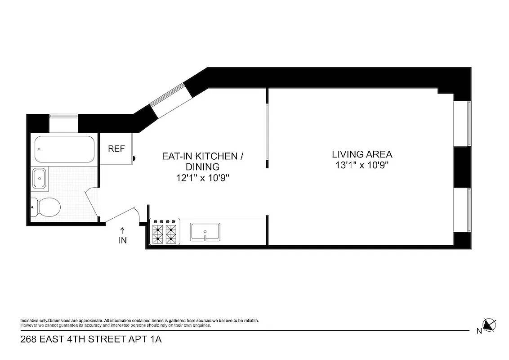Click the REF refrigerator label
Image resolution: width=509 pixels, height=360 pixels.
click(116, 149)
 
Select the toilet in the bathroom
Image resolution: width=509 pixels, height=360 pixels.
click(47, 207)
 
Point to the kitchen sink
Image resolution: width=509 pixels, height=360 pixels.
click(205, 232)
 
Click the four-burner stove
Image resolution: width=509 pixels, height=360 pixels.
click(165, 232)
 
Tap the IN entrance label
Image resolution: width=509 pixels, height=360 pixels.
click(123, 241)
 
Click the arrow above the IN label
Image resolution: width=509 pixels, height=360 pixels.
click(123, 230)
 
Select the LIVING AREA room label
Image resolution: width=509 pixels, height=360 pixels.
click(362, 154)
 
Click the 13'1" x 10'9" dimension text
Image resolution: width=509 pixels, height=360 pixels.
click(362, 165)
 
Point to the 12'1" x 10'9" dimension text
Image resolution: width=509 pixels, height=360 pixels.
click(202, 178)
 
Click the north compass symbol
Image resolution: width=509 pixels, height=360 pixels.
click(489, 324)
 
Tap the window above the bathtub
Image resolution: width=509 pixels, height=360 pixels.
click(63, 117)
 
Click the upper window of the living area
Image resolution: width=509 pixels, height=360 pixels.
click(468, 124)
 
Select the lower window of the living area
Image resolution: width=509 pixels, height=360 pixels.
click(468, 210)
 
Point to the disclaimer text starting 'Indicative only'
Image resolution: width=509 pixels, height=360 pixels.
click(139, 323)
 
